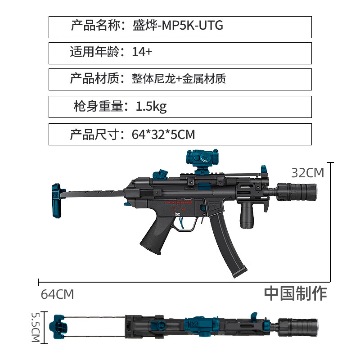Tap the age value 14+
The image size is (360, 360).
click(142, 52)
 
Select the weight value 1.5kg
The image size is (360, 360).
click(151, 107)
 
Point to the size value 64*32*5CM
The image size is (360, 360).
click(163, 134)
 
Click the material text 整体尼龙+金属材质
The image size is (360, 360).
click(179, 79)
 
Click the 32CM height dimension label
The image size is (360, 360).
click(307, 173)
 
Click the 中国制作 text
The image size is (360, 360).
click(295, 293)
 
